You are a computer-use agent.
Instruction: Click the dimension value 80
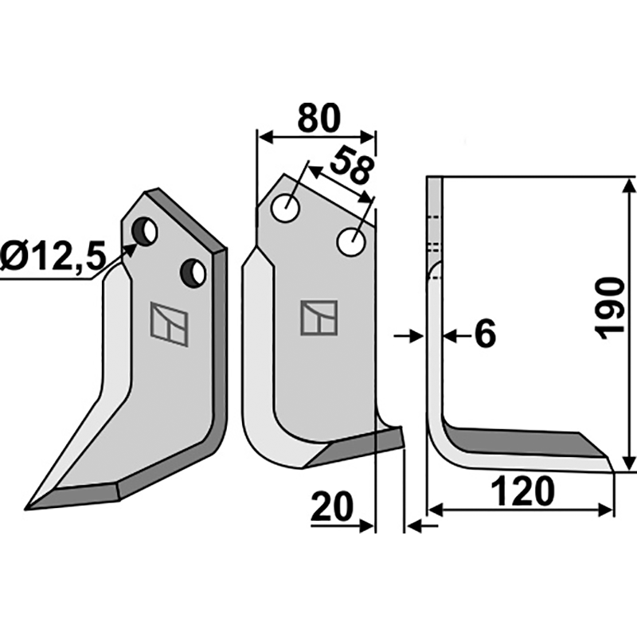318,119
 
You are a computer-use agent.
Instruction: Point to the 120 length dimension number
523,491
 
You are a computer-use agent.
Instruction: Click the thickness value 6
485,334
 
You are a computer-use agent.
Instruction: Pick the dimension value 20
332,506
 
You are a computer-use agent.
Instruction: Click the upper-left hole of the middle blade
286,209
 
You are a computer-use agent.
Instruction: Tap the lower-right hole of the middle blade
351,242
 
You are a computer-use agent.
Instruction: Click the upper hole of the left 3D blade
145,232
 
